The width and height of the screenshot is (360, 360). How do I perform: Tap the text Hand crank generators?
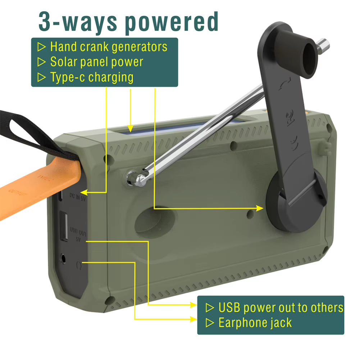coord(109,47)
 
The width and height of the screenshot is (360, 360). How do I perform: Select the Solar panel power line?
coord(96,62)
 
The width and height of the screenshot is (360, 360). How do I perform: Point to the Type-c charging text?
coord(92,77)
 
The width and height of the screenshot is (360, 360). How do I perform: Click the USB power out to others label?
coord(281,308)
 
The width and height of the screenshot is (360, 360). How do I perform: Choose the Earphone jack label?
coord(255,323)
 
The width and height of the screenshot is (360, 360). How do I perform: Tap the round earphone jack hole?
coord(64,258)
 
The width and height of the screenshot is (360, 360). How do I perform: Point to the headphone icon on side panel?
coord(79,265)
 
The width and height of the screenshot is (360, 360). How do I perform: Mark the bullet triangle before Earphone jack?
coord(209,323)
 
